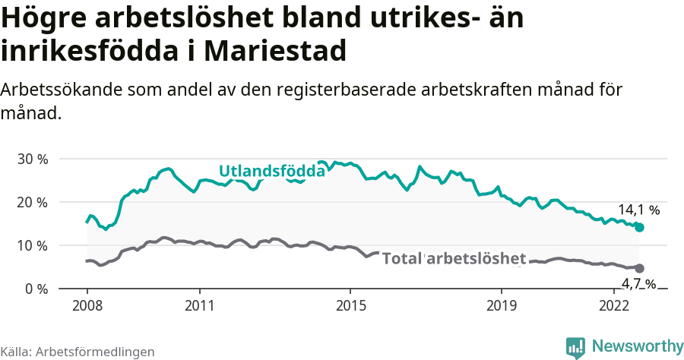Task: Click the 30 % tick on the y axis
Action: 33,159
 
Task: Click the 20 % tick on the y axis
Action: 33,203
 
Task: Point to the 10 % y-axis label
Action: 33,246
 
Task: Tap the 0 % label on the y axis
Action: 36,289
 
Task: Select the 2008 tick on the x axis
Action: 87,306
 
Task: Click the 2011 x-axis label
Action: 199,306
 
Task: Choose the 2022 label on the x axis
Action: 613,306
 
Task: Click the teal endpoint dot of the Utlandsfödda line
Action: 639,227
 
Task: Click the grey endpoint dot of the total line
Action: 639,268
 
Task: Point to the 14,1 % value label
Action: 638,210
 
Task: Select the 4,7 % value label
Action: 638,284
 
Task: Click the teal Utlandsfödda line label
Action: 271,171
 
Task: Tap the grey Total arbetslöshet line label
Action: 453,258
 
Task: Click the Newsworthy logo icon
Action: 575,347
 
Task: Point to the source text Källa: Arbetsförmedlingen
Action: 78,352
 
